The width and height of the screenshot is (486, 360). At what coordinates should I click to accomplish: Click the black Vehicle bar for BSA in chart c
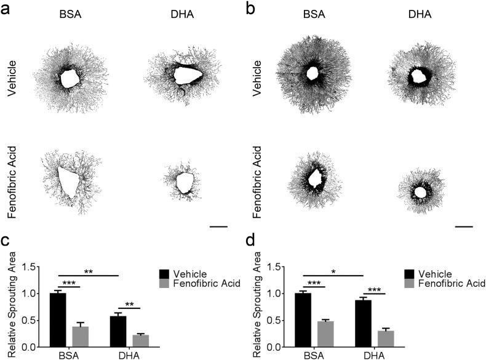[57, 320]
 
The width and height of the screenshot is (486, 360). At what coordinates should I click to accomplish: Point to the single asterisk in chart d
[332, 271]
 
